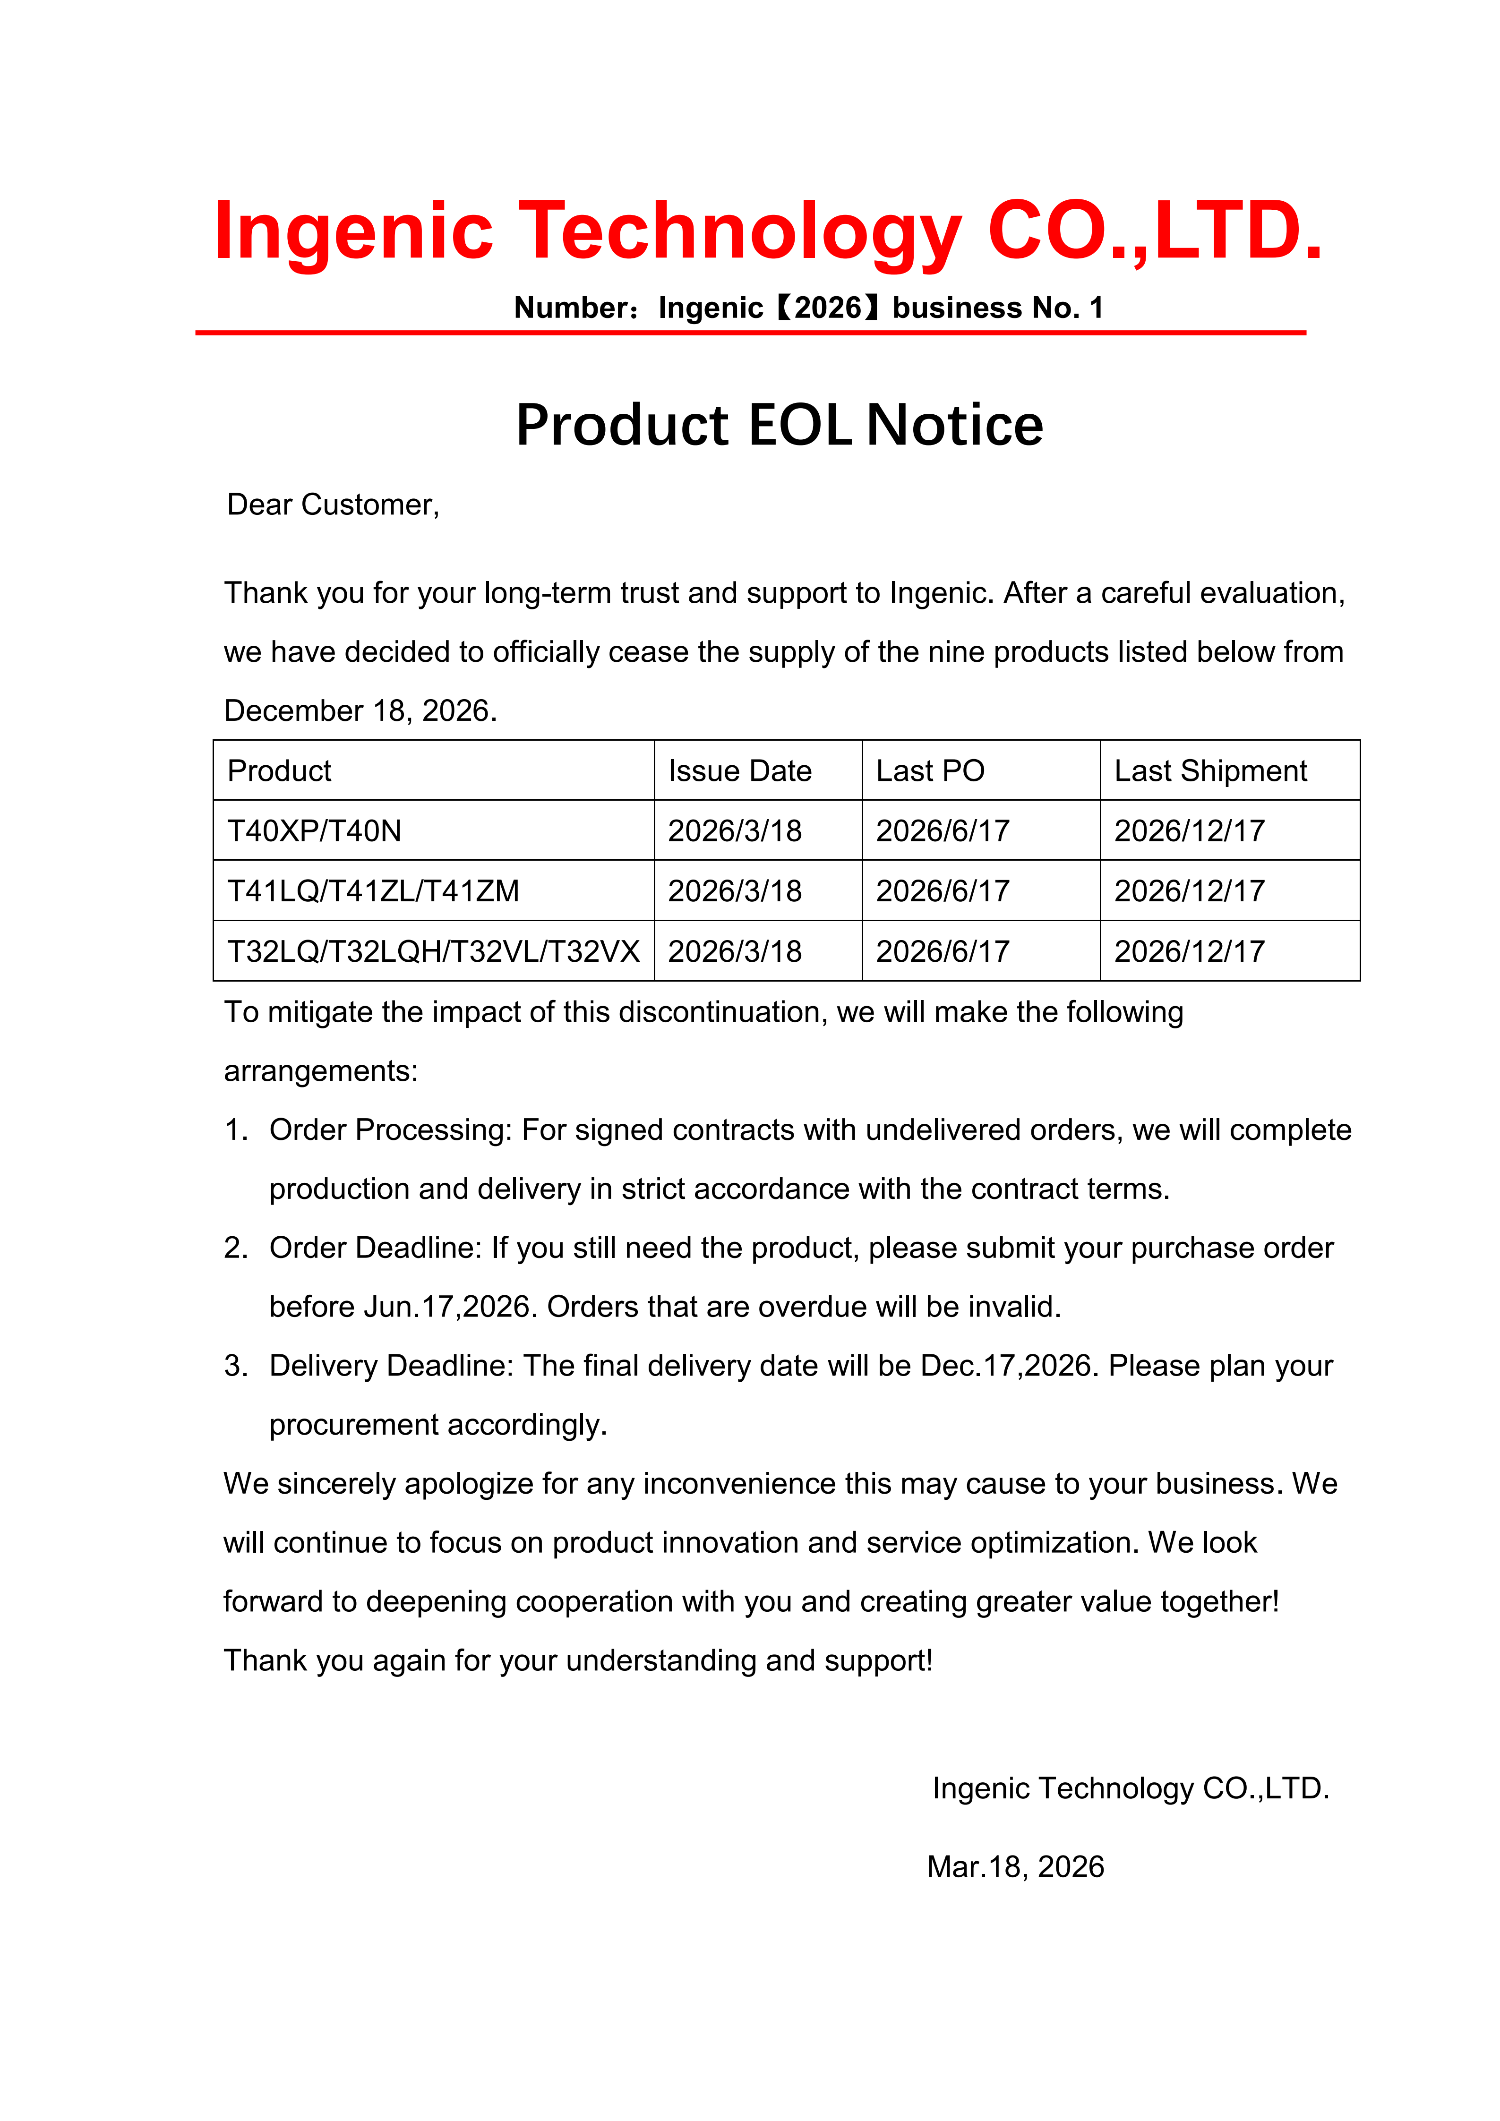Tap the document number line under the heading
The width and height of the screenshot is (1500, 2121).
tap(808, 308)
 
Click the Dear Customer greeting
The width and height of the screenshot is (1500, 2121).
tap(334, 505)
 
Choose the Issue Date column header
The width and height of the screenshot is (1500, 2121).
tap(740, 770)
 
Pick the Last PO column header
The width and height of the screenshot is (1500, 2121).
tap(930, 770)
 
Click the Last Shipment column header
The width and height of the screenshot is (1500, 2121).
tap(1210, 770)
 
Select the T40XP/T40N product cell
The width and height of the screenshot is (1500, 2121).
tap(314, 830)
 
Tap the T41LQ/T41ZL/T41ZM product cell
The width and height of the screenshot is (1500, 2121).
tap(373, 890)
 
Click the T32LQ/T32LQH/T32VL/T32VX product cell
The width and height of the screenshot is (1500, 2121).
tap(433, 950)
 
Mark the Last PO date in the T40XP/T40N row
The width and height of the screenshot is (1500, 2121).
tap(942, 830)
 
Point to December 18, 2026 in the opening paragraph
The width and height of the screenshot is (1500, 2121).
tap(360, 710)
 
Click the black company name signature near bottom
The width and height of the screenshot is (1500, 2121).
tap(1131, 1787)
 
